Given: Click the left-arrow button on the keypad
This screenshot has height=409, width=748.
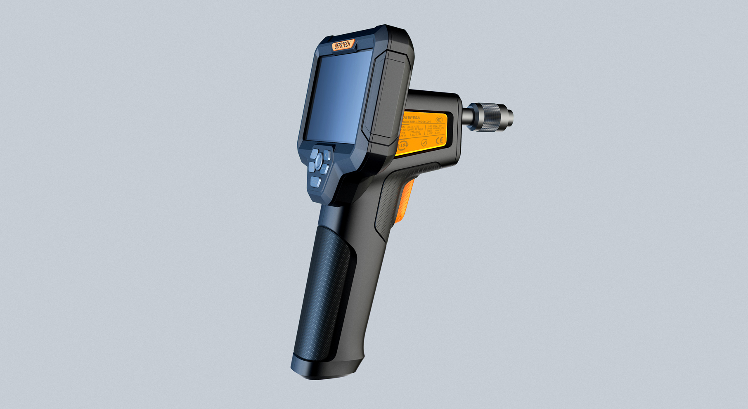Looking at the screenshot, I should (312, 167).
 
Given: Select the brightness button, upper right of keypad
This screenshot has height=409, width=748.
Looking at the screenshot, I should (326, 155).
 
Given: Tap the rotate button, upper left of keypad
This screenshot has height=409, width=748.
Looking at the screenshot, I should (314, 154).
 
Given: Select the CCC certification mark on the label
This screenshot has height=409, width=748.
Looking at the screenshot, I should (439, 120).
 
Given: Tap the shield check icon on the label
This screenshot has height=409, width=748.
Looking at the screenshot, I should (424, 143).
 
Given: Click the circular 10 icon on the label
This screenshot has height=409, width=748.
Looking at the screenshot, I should (403, 145).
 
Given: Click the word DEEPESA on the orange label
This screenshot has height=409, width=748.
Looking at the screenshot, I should (411, 118).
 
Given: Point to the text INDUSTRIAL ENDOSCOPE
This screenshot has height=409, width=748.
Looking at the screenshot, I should (417, 122).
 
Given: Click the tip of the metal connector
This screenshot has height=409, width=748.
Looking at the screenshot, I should (510, 117).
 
